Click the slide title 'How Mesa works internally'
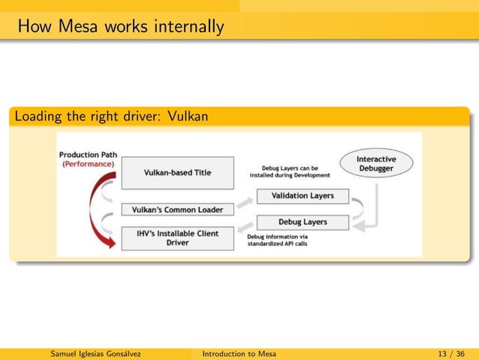point(121,28)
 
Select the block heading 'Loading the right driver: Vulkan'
point(111,117)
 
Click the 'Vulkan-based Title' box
point(177,172)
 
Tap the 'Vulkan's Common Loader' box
point(177,210)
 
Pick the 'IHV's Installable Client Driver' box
point(177,238)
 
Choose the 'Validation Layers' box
point(303,196)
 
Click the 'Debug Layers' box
point(303,222)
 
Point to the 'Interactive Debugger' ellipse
point(375,164)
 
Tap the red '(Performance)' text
point(88,164)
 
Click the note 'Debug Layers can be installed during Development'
point(290,172)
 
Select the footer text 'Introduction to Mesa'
point(239,353)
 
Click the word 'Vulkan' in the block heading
point(188,117)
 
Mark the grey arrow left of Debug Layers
point(245,227)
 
